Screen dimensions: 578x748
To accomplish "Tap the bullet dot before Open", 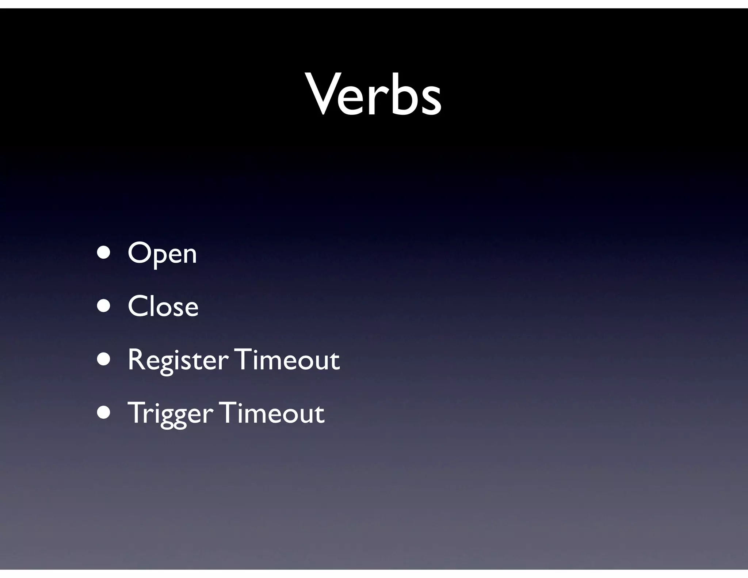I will (x=104, y=253).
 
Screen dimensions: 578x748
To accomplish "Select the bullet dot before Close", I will (x=104, y=306).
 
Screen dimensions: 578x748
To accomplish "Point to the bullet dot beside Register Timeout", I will (x=104, y=360).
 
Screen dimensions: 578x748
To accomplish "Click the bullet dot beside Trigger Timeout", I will (x=104, y=413).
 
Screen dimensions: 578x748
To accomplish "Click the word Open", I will (x=162, y=254).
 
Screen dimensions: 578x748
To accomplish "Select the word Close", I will (x=163, y=306).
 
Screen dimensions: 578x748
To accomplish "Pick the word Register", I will (x=178, y=360).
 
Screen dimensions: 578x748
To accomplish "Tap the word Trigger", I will (x=170, y=414).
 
